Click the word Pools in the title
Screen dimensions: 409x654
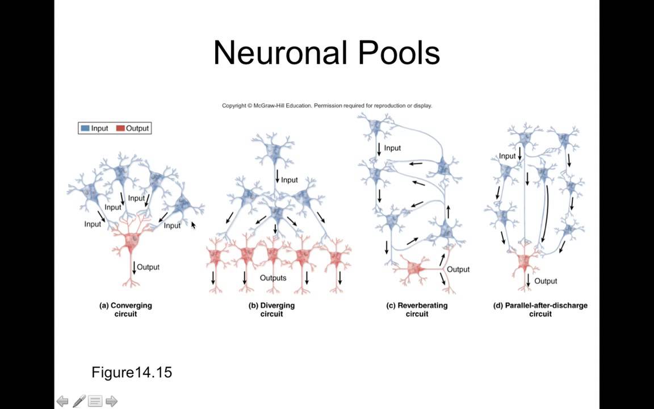399,53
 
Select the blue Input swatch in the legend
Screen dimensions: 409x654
85,128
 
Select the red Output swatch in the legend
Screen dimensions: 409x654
120,128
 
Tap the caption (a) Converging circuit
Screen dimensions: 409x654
125,310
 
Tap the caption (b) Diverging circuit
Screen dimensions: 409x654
271,310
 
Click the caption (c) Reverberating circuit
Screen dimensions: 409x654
417,310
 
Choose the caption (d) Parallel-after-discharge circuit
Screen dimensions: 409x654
540,310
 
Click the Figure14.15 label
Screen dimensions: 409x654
132,372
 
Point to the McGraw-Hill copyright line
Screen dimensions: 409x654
326,106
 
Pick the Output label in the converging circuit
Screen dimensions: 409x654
148,267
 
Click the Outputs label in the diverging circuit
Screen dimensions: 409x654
272,278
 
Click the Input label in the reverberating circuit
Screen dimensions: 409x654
392,148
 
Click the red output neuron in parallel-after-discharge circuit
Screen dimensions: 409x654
523,261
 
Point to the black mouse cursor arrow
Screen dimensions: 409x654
193,226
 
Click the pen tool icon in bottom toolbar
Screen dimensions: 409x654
79,401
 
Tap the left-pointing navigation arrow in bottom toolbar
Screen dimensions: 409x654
62,401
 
